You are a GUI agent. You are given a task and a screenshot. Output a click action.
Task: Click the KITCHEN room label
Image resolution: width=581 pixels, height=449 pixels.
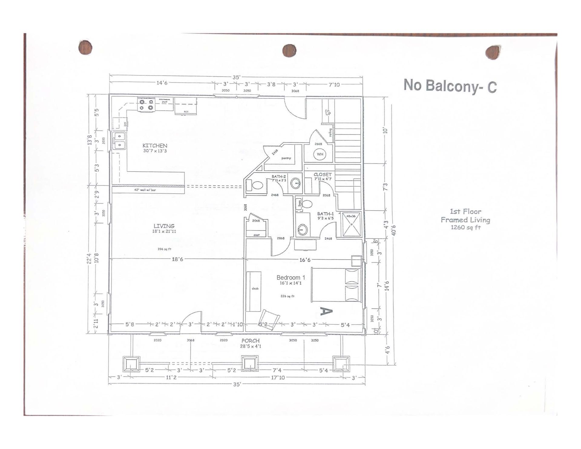coord(155,146)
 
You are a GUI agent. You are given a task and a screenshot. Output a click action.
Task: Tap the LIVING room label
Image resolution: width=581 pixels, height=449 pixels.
coord(164,226)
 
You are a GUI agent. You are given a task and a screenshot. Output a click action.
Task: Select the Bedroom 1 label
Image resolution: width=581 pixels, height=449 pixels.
coord(291,277)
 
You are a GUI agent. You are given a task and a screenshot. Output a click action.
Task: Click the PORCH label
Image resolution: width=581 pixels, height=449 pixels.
coord(251,341)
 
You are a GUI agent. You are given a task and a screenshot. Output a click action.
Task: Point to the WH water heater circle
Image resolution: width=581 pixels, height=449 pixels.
coord(320,154)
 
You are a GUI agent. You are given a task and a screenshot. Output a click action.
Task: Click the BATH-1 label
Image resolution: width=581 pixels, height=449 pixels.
coord(325,214)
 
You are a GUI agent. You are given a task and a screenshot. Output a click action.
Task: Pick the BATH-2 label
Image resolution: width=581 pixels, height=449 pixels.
coord(278,176)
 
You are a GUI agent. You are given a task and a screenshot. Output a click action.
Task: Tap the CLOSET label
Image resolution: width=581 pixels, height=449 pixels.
coord(323,175)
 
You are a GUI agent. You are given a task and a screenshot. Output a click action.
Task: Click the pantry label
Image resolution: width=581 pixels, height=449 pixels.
coord(286,158)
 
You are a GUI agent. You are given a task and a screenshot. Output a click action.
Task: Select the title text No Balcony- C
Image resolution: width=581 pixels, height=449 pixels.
coord(450,86)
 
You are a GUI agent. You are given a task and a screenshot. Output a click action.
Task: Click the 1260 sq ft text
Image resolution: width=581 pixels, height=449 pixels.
coord(465,227)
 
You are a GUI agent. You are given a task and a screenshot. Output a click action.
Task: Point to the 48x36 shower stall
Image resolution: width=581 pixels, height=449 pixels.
coord(351,224)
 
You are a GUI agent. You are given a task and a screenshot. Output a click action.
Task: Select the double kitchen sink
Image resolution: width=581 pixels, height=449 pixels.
coord(120,141)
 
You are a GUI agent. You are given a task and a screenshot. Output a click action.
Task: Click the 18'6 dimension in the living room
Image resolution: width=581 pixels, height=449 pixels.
coord(177,259)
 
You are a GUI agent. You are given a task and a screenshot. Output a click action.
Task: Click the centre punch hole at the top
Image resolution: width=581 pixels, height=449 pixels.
coord(289,51)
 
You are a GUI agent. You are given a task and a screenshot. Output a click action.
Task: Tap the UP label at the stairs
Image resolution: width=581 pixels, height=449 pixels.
coord(328,113)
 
